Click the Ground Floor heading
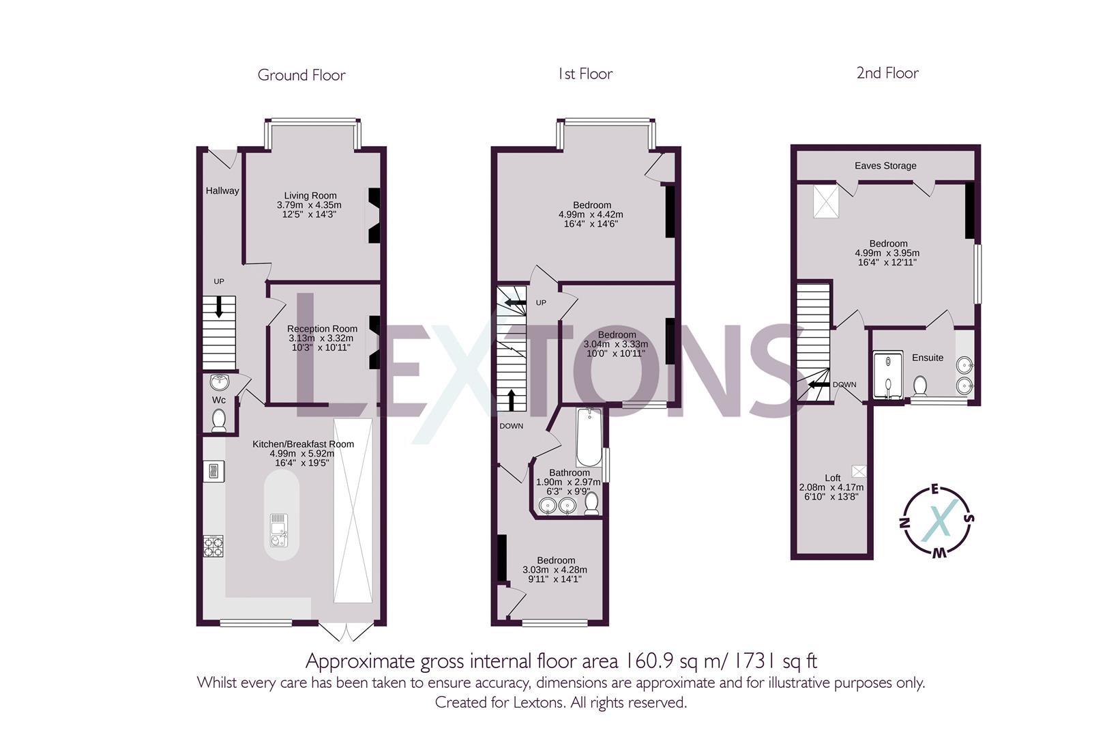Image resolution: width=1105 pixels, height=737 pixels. coord(301,75)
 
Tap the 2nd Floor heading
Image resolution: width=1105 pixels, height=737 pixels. coord(887,73)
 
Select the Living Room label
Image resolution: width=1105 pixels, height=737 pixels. coord(310,195)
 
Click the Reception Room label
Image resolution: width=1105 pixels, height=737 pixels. coord(322,329)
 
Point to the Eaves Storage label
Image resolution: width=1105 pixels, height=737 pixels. coord(885,166)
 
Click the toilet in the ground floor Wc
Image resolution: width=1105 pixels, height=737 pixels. coord(219,420)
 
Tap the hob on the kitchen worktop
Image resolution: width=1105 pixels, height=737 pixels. coord(213,547)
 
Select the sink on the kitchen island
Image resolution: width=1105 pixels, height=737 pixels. coord(279,530)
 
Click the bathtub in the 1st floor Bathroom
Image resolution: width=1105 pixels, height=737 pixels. coord(589,437)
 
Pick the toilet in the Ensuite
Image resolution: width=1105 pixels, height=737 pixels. coord(919,386)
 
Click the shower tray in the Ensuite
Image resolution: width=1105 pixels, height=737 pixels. coord(888,375)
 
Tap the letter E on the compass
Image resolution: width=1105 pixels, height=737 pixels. coord(934,490)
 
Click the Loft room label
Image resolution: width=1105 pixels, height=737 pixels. coord(833,478)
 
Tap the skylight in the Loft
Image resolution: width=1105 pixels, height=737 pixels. coord(859,472)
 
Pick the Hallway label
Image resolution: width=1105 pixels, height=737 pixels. coord(222,190)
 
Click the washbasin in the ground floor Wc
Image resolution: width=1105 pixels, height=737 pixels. coord(219,382)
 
